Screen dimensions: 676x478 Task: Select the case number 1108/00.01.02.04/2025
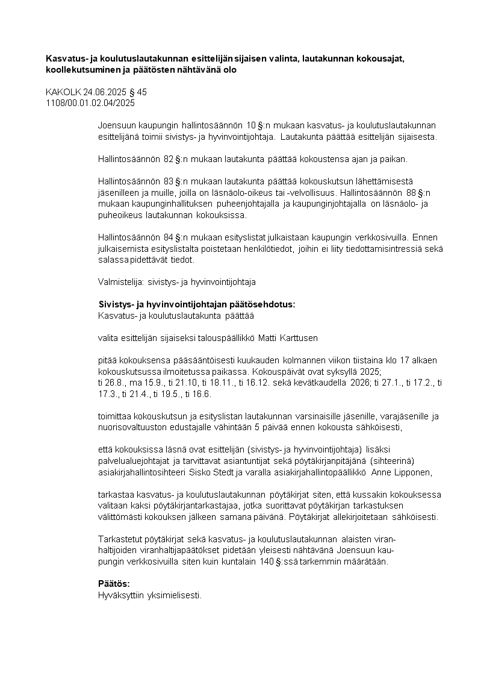(x=90, y=102)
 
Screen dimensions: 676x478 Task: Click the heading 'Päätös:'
(x=114, y=584)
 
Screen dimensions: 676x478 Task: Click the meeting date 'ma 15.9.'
(x=144, y=382)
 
